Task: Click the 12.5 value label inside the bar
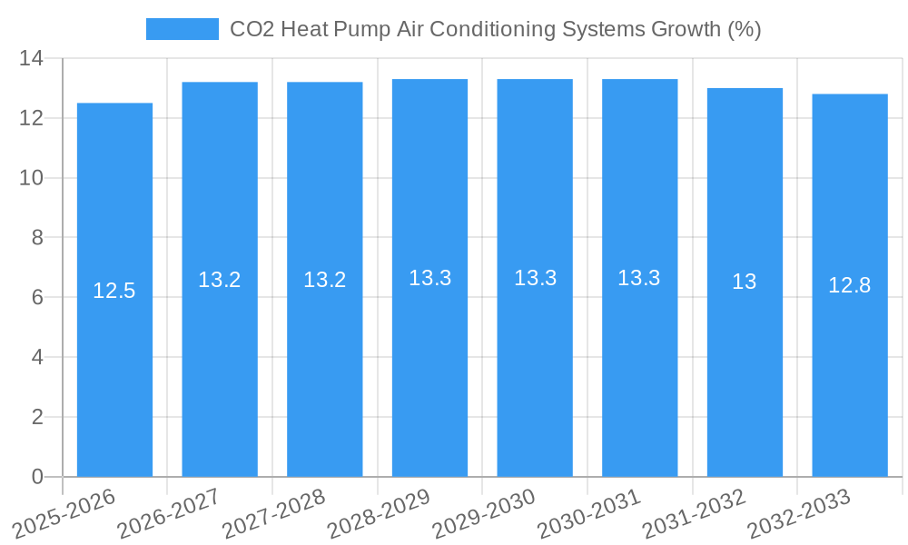coord(114,291)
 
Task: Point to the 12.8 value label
coord(850,285)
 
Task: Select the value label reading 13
coord(745,282)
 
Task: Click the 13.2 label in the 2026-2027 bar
coord(220,280)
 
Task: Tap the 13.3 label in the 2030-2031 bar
coord(639,278)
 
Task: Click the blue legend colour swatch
coord(183,29)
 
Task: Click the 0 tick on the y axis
coord(37,477)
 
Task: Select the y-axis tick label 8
coord(37,238)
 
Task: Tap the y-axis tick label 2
coord(37,417)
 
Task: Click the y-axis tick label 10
coord(32,178)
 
